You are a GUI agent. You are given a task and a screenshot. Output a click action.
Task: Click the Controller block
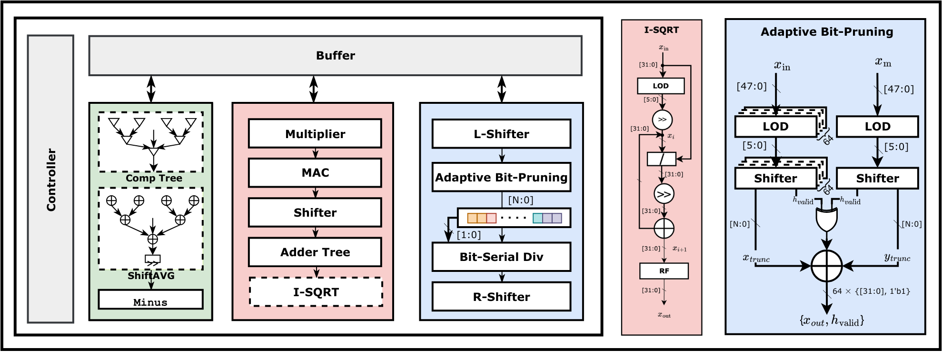pyautogui.click(x=50, y=179)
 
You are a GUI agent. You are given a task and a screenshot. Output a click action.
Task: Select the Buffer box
pyautogui.click(x=335, y=56)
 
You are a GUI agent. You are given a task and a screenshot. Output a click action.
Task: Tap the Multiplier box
pyautogui.click(x=315, y=134)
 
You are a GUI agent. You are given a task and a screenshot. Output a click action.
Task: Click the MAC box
pyautogui.click(x=315, y=173)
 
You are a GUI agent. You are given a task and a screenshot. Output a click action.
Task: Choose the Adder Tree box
pyautogui.click(x=315, y=252)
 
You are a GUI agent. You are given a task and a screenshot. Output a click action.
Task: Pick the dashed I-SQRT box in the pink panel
pyautogui.click(x=316, y=292)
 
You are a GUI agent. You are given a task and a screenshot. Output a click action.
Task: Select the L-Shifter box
pyautogui.click(x=501, y=134)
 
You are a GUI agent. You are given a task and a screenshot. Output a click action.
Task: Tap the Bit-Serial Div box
pyautogui.click(x=501, y=257)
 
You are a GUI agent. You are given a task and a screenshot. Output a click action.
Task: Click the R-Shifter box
pyautogui.click(x=501, y=297)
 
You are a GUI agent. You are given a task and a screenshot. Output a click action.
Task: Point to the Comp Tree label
pyautogui.click(x=154, y=178)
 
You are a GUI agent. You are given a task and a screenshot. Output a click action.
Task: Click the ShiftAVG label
pyautogui.click(x=151, y=276)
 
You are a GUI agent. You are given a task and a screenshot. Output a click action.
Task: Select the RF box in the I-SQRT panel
pyautogui.click(x=664, y=271)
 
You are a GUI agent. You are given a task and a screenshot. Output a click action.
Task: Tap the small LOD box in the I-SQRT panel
pyautogui.click(x=661, y=86)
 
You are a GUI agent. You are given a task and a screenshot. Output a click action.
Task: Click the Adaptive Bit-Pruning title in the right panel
pyautogui.click(x=827, y=32)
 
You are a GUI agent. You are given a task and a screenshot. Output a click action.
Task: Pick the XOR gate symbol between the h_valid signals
pyautogui.click(x=827, y=219)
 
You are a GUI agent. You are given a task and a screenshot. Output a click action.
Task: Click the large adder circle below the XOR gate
pyautogui.click(x=827, y=266)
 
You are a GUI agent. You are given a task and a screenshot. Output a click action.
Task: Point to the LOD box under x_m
pyautogui.click(x=877, y=127)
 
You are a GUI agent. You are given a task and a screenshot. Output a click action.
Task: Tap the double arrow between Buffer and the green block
pyautogui.click(x=151, y=89)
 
